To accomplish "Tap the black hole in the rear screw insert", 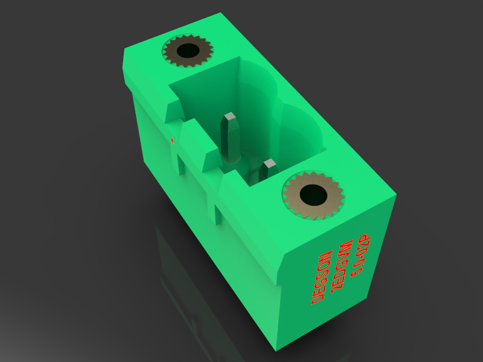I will [188, 50].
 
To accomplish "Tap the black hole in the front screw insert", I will [313, 194].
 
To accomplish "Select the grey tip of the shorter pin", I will [269, 163].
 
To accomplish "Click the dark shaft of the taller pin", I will [229, 139].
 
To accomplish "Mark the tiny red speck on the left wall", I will [173, 140].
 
